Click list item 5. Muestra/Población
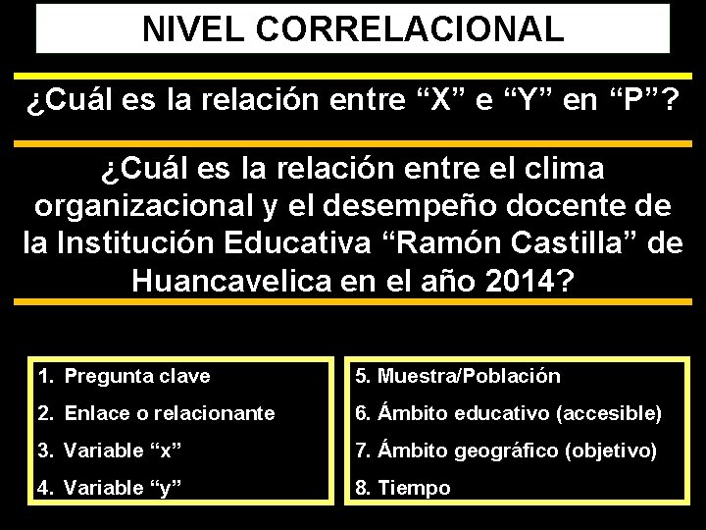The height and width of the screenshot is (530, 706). click(457, 376)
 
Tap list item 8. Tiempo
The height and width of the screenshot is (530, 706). click(402, 488)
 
